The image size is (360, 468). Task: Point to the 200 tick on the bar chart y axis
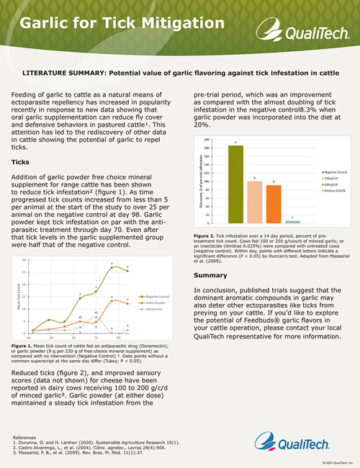[207, 139]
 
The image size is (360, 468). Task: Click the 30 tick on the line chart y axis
[24, 259]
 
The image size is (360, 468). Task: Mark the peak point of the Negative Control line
[112, 267]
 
